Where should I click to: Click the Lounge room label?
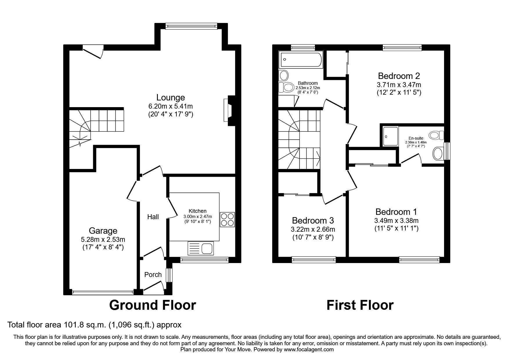pyautogui.click(x=170, y=98)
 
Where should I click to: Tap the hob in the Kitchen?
pyautogui.click(x=227, y=219)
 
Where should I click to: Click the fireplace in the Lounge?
pyautogui.click(x=227, y=110)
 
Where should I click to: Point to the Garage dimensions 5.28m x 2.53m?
pyautogui.click(x=103, y=240)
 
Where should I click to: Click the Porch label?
pyautogui.click(x=153, y=275)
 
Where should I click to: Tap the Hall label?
pyautogui.click(x=153, y=217)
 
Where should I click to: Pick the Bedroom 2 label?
pyautogui.click(x=399, y=76)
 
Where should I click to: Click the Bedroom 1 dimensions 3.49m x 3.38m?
pyautogui.click(x=396, y=221)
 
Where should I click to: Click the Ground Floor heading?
pyautogui.click(x=152, y=305)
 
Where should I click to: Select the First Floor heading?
pyautogui.click(x=360, y=305)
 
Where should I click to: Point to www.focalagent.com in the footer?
pyautogui.click(x=309, y=350)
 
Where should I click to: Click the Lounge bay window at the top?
pyautogui.click(x=191, y=26)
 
